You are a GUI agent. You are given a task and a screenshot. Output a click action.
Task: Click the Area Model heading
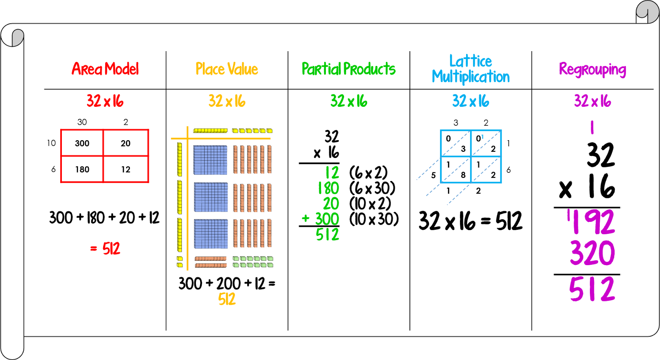(x=105, y=69)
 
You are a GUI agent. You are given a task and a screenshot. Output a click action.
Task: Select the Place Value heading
(x=227, y=69)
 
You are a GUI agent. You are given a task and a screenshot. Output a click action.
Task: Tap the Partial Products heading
(x=349, y=69)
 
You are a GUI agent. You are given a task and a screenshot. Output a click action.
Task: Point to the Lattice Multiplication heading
(x=471, y=69)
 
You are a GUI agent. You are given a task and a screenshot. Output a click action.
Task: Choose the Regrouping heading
(x=592, y=69)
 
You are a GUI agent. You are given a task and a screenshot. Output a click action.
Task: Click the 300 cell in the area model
(x=82, y=143)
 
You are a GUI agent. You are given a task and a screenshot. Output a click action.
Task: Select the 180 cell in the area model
(x=82, y=169)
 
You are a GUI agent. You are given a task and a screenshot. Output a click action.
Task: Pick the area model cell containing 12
(x=125, y=169)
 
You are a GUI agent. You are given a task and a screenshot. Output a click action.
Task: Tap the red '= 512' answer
(x=106, y=249)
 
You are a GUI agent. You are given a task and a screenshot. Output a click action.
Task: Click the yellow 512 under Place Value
(x=227, y=299)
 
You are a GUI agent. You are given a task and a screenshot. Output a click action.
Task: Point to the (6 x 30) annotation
(x=372, y=188)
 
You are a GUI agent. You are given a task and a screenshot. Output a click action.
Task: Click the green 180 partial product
(x=328, y=188)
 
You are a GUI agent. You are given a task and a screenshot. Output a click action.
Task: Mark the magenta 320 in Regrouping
(x=592, y=253)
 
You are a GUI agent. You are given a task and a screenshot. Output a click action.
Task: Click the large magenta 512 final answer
(x=592, y=289)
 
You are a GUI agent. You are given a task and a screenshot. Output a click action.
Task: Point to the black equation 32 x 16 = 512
(x=470, y=221)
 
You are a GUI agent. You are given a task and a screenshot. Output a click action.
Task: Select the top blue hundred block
(x=210, y=160)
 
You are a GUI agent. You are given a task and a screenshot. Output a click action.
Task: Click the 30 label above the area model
(x=82, y=122)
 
